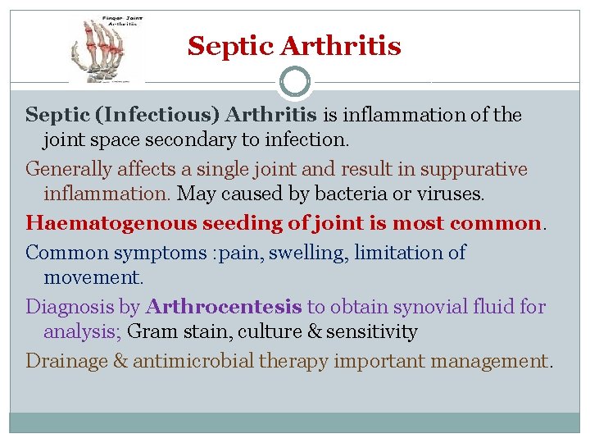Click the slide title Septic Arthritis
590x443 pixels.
coord(294,45)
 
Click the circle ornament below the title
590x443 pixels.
coord(294,82)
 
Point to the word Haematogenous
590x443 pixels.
coord(84,223)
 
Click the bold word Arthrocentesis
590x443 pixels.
coord(224,307)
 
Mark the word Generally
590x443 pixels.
coord(64,170)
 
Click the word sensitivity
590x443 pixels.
coord(378,332)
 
